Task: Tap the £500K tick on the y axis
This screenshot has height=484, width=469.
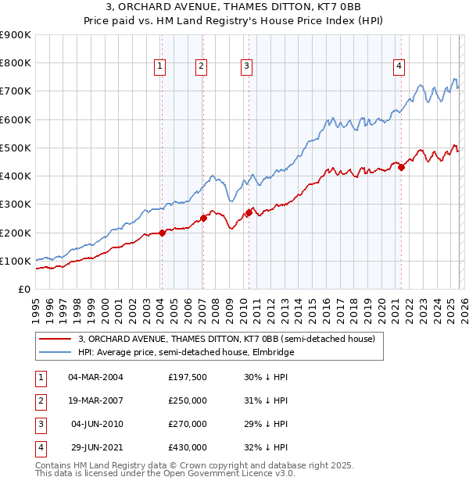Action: tap(15, 148)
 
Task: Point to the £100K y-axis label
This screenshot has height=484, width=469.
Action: tap(15, 261)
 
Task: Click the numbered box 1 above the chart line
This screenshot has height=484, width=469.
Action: tap(159, 67)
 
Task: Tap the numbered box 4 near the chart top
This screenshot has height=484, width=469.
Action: tap(399, 67)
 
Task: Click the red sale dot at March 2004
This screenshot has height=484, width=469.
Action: tap(162, 233)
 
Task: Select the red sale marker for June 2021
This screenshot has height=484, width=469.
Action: tap(401, 166)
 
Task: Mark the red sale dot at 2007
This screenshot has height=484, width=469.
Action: tap(203, 218)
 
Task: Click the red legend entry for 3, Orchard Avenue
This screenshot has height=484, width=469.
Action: tap(227, 339)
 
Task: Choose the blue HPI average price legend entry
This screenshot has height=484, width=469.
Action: tap(186, 353)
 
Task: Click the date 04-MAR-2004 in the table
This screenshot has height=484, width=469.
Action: tap(95, 377)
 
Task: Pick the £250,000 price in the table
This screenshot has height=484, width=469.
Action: tap(187, 400)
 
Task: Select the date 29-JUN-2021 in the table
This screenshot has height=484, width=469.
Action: tap(95, 447)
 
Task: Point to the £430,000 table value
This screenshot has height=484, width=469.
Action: tap(187, 447)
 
